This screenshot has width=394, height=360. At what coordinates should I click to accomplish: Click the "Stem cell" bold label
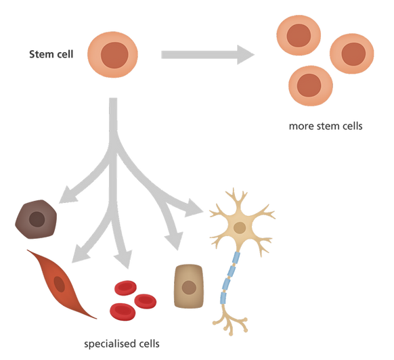51,54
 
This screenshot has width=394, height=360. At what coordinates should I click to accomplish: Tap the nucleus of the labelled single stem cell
114,55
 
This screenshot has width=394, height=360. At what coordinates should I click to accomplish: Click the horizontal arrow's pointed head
246,55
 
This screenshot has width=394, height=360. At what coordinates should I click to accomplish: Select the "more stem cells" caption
326,126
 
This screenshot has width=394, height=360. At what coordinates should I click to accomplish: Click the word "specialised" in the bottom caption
109,344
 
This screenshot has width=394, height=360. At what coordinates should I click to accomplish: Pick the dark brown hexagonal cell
36,219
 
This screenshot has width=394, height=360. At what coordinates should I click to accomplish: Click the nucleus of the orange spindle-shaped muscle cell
60,284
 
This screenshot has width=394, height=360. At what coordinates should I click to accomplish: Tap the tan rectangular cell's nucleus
189,288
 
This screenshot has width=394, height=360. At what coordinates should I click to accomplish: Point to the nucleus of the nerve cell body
240,227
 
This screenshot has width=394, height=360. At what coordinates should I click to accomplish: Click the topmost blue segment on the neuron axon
236,258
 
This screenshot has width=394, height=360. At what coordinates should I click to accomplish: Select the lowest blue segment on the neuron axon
223,298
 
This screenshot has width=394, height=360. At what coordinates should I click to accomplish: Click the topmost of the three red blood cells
125,288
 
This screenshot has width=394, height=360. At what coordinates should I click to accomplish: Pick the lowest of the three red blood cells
123,312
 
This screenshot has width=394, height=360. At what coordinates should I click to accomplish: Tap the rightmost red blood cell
146,301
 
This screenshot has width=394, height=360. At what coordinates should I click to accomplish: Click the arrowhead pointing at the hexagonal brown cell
67,195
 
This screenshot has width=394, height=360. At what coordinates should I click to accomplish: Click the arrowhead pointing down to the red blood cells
124,259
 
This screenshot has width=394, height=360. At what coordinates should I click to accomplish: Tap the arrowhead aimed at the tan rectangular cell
175,241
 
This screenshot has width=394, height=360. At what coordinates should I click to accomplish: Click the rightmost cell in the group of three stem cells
352,53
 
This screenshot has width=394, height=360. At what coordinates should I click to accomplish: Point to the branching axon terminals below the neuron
230,321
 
